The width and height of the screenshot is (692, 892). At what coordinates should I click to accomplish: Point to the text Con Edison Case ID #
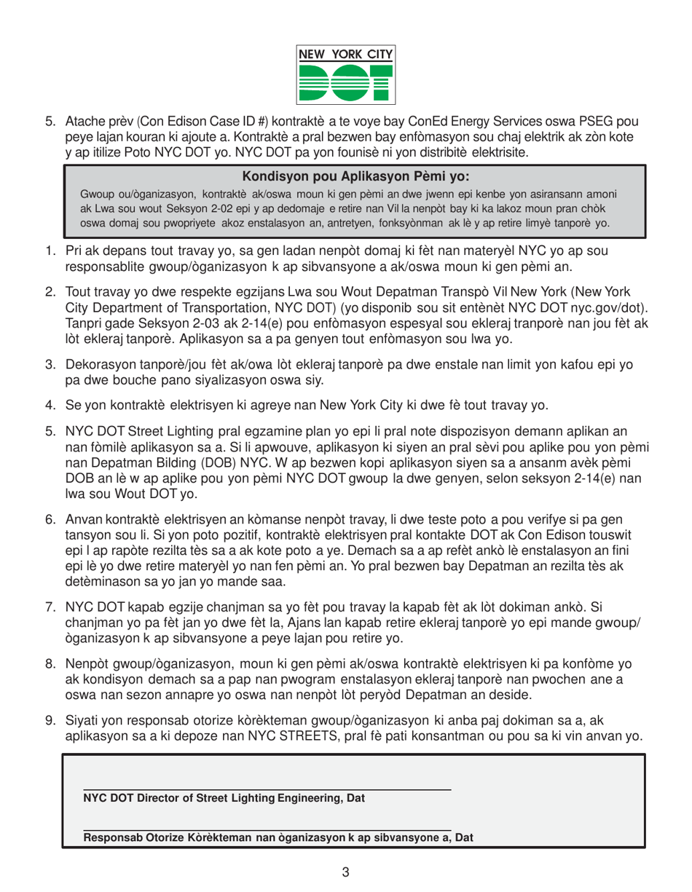click(165, 120)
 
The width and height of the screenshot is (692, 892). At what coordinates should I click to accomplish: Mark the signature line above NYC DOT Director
click(267, 789)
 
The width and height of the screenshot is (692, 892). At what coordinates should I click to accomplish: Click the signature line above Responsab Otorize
click(267, 828)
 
